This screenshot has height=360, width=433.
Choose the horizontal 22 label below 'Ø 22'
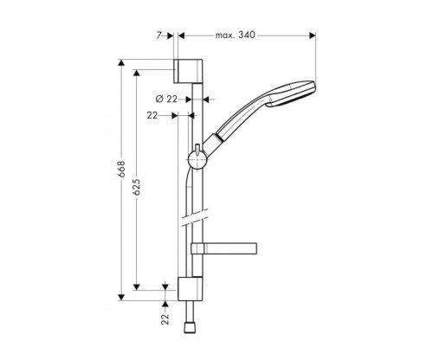153,114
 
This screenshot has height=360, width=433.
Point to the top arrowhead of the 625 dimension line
136,73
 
